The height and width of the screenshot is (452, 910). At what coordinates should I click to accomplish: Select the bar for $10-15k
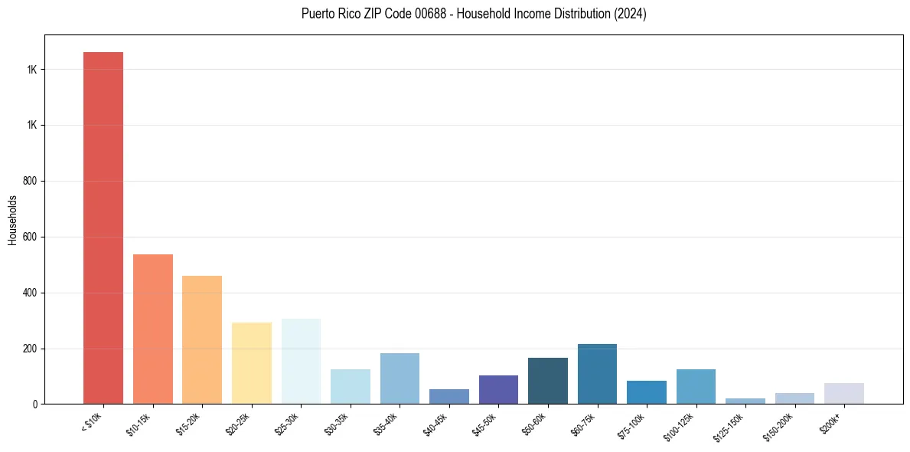152,329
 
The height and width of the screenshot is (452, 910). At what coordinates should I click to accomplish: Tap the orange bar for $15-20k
202,340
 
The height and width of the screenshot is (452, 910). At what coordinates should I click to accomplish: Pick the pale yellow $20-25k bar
251,363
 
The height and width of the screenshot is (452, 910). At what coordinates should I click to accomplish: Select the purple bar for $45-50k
498,390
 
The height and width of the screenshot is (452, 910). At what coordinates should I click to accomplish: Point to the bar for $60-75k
597,374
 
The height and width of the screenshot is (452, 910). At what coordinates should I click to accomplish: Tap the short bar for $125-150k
745,401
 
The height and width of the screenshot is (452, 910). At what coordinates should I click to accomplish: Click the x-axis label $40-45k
435,423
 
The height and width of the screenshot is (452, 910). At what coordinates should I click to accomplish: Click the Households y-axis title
12,219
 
